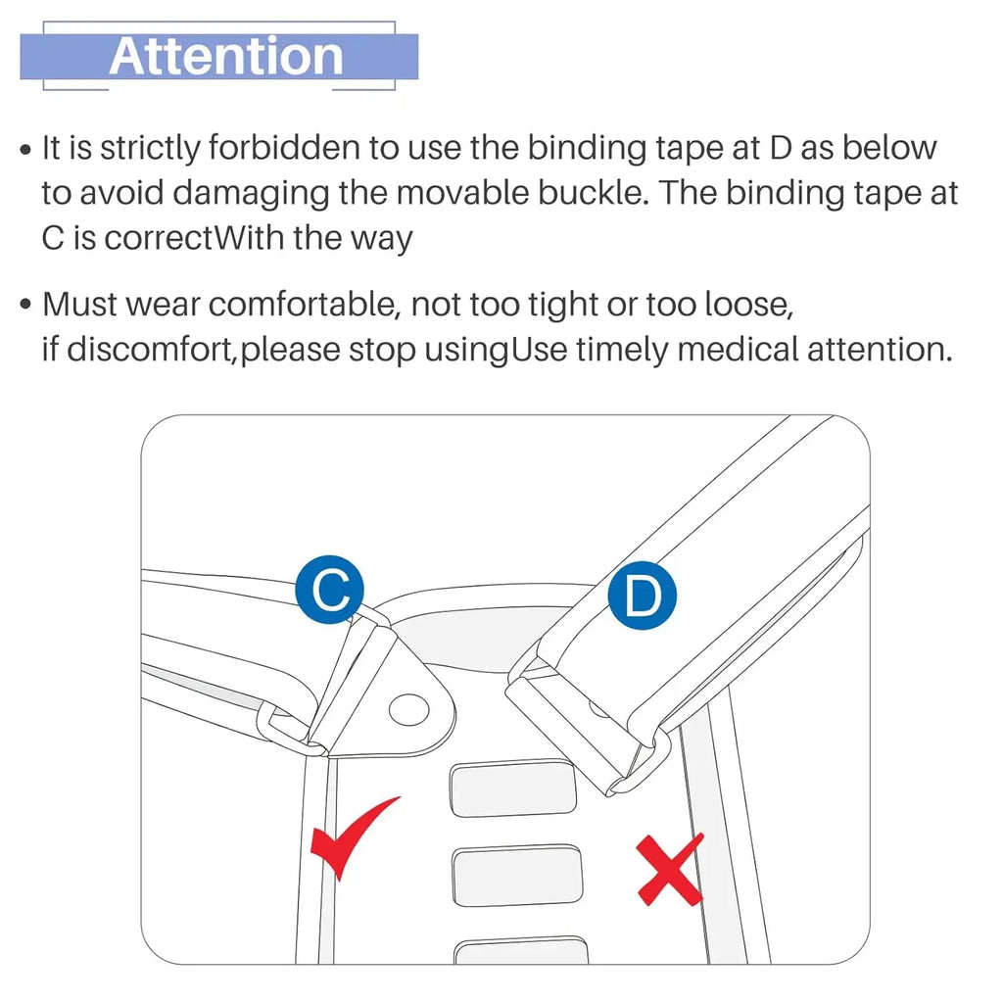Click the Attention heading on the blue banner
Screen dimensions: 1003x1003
click(x=226, y=56)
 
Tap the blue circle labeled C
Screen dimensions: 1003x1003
click(x=330, y=590)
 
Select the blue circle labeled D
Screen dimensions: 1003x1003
click(x=642, y=595)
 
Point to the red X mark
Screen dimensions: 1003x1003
click(x=670, y=870)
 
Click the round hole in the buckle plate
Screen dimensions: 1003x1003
click(x=408, y=710)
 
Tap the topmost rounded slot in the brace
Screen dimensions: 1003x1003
click(x=513, y=788)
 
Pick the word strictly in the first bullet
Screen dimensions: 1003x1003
click(x=150, y=149)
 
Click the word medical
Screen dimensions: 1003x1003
click(x=738, y=350)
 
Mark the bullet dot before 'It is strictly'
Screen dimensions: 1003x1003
click(x=25, y=150)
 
